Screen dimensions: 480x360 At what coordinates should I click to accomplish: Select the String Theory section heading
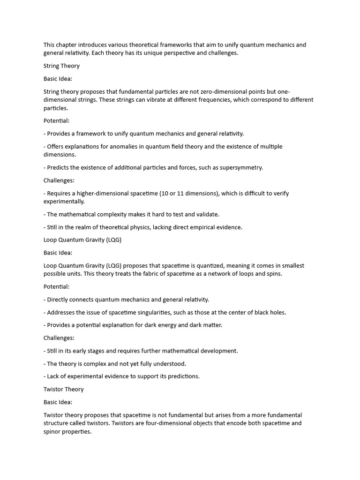click(61, 66)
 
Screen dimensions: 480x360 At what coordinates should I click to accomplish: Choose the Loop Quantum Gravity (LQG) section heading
click(82, 240)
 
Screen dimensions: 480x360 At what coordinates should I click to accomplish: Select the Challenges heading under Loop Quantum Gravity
click(59, 338)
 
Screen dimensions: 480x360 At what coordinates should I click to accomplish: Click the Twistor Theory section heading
click(63, 389)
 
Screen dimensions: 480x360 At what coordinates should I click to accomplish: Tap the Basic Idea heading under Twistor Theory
click(58, 402)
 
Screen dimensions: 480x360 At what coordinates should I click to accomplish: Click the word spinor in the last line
click(53, 431)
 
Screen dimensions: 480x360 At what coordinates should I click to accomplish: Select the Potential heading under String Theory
click(56, 121)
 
